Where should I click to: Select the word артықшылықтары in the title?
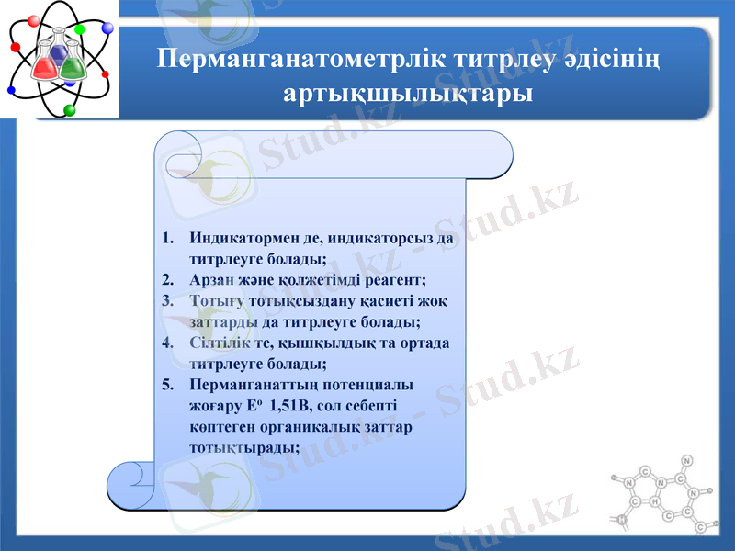click(x=408, y=93)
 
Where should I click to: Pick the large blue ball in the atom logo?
click(x=107, y=28)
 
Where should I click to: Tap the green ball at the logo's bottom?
click(x=70, y=110)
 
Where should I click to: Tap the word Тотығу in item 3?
click(x=213, y=301)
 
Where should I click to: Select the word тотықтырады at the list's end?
click(x=242, y=448)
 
